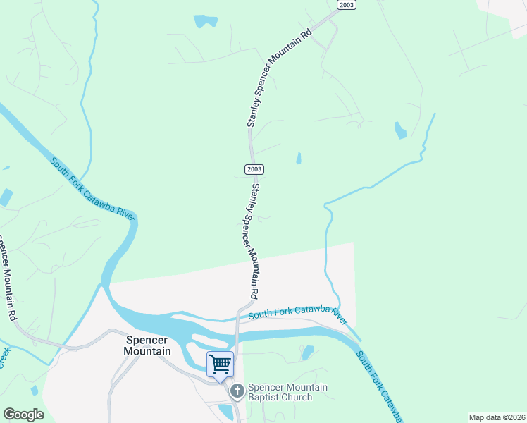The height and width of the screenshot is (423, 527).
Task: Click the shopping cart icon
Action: [x=220, y=364]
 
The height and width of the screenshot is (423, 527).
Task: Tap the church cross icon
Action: [x=237, y=390]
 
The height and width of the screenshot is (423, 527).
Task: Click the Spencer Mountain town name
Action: [x=147, y=345]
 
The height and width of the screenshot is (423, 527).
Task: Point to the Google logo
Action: [x=23, y=415]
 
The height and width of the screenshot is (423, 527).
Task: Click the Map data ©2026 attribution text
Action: [x=497, y=417]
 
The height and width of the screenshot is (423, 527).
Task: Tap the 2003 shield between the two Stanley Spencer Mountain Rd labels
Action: [x=254, y=169]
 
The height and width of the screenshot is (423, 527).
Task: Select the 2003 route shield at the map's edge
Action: [x=346, y=4]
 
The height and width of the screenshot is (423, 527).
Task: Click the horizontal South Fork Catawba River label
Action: [x=299, y=312]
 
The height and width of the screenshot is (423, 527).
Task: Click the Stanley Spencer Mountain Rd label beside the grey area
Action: [x=250, y=240]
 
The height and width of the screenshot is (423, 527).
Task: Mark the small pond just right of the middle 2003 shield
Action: [x=299, y=159]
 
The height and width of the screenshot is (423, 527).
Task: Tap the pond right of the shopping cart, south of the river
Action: [x=307, y=352]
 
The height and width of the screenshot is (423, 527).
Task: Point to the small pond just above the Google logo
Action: [x=35, y=390]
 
